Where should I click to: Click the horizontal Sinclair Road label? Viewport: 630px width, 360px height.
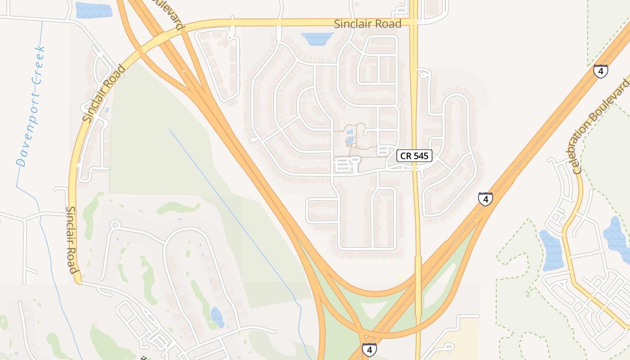pos(368,24)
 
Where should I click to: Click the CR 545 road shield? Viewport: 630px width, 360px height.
pos(414,156)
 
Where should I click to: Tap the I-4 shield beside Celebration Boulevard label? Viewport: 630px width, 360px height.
pos(600,71)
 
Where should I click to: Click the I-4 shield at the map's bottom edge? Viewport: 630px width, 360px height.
pos(369,350)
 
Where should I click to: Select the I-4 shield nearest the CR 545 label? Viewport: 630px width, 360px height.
pos(485,198)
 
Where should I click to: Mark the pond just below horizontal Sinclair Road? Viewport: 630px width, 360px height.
pos(317,39)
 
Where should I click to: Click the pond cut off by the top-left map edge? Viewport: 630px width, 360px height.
pos(93,10)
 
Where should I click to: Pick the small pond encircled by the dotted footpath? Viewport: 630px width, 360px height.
pos(350,141)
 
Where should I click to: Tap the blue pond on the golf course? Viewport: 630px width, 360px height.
pos(217,317)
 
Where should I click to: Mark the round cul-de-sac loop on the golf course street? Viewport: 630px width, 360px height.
pos(115,224)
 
